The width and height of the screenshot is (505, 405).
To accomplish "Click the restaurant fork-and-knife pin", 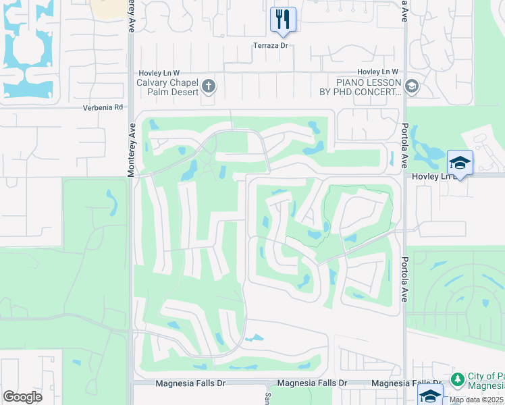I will pyautogui.click(x=282, y=19).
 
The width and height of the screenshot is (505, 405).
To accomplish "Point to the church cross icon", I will pyautogui.click(x=209, y=86).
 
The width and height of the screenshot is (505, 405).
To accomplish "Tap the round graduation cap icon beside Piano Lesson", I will pyautogui.click(x=411, y=86).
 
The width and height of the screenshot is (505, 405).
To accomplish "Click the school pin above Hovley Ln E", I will pyautogui.click(x=460, y=163).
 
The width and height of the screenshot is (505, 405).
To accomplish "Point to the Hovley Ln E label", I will pyautogui.click(x=433, y=175).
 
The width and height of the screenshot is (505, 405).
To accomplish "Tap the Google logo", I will pyautogui.click(x=22, y=396).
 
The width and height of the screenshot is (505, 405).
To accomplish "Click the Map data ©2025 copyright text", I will pyautogui.click(x=475, y=400).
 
